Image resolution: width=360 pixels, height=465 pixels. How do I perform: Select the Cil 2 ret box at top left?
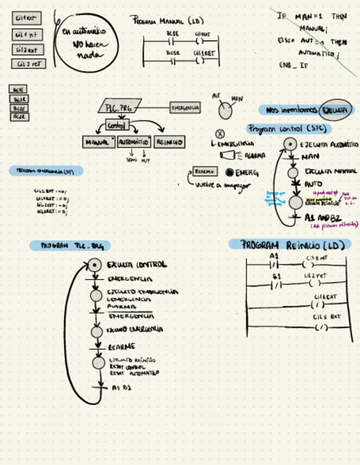(28, 64)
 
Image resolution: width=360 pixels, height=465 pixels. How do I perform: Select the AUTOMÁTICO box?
(134, 142)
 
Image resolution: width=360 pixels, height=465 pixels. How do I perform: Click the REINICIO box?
(170, 142)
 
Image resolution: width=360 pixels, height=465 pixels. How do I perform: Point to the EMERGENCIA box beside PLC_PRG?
(185, 108)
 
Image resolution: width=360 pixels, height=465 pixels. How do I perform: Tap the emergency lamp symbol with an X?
(220, 133)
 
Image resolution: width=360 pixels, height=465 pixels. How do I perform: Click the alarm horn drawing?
(227, 156)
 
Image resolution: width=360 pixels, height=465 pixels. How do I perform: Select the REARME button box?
(206, 172)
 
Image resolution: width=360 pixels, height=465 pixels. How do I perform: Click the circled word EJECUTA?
(334, 110)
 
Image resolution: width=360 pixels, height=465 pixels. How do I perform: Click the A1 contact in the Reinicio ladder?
(274, 263)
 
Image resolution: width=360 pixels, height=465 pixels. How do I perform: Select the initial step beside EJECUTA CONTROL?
(96, 265)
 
